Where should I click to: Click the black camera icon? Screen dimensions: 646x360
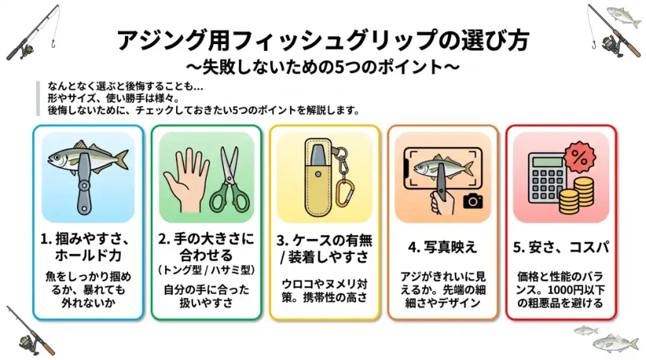[473, 200]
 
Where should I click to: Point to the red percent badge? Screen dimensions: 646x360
[580, 158]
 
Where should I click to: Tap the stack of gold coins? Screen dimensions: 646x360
[577, 195]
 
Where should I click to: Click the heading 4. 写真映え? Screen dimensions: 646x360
[442, 247]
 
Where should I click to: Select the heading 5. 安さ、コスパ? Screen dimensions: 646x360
[561, 247]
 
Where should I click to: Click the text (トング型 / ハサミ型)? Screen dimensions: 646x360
[206, 270]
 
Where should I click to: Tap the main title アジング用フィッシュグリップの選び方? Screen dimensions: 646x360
[323, 40]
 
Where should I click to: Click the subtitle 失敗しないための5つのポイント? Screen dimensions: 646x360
[322, 67]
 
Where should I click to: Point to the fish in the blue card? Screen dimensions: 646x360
[88, 159]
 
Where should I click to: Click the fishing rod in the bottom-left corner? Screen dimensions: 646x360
[30, 331]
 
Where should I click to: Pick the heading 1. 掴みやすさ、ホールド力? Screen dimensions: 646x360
[88, 247]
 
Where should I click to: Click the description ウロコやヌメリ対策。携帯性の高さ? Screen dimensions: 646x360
[324, 291]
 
